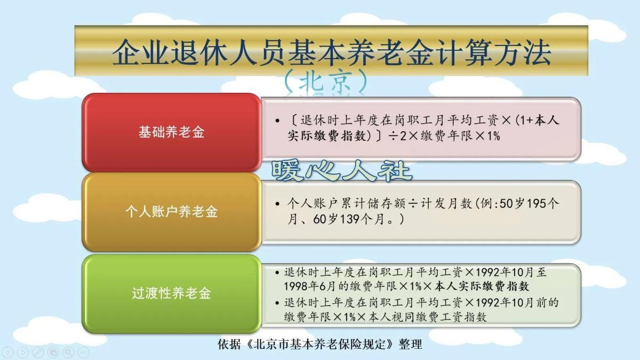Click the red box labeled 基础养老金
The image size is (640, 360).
click(171, 132)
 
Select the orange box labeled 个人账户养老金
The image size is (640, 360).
click(171, 212)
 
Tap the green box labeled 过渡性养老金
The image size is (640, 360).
click(171, 294)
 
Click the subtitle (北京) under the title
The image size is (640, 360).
click(326, 81)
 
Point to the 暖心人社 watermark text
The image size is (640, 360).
click(341, 171)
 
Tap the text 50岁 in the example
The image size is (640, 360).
click(513, 203)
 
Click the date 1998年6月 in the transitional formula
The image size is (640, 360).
click(311, 286)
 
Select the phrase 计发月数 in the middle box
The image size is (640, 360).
click(446, 203)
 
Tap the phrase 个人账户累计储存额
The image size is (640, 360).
click(347, 203)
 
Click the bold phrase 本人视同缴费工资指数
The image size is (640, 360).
click(427, 317)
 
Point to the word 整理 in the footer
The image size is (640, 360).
click(410, 345)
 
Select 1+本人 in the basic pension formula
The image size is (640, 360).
click(539, 121)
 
